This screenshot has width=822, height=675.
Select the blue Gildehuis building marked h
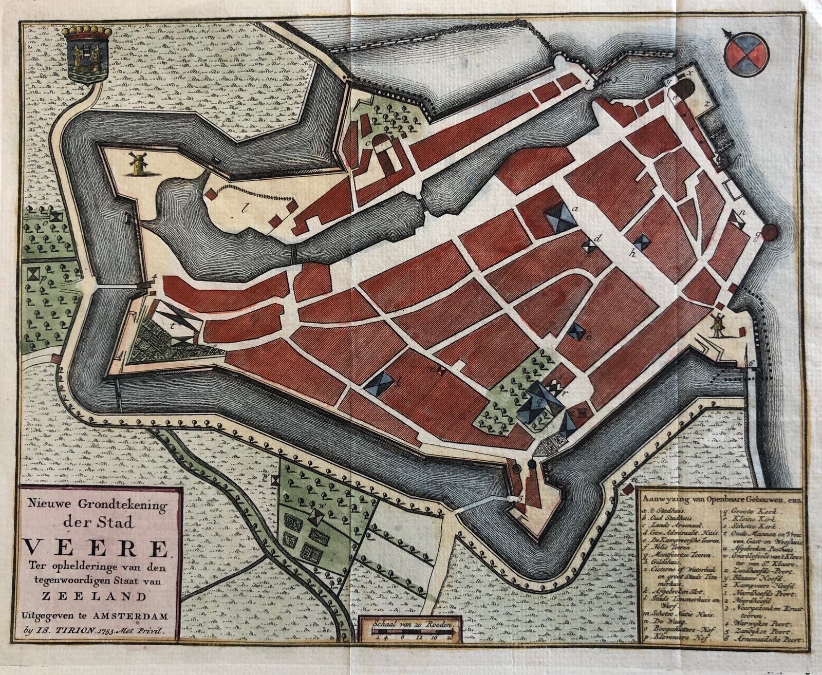tap(641, 241)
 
